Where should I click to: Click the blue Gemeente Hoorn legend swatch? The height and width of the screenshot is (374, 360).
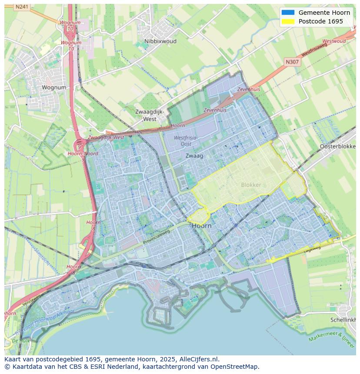[x=288, y=13]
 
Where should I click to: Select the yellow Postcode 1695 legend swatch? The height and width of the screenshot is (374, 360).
[x=288, y=21]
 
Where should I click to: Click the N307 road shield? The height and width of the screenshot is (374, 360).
[x=292, y=62]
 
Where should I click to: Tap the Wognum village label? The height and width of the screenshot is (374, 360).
[x=54, y=87]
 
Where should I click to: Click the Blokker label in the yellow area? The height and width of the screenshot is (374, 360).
[x=251, y=185]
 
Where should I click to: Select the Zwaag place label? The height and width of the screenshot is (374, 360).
[x=194, y=156]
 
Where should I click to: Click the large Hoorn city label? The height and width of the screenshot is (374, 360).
[x=202, y=226]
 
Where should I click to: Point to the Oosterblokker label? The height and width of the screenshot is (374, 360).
[x=338, y=146]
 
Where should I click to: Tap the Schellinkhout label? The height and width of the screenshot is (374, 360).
[x=343, y=319]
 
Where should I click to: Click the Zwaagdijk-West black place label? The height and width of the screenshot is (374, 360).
[x=150, y=115]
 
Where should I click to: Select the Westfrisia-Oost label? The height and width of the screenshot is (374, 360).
[x=186, y=141]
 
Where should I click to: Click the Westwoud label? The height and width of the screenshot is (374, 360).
[x=334, y=41]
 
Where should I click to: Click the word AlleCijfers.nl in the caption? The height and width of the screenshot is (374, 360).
[x=199, y=359]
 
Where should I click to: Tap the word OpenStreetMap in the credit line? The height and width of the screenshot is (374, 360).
[x=237, y=367]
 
